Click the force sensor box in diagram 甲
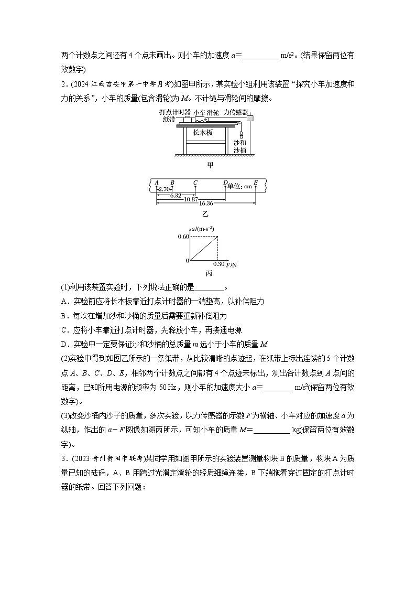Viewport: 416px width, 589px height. point(249,119)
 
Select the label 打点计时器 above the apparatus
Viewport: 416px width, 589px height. point(175,112)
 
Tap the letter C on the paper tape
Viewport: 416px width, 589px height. point(195,183)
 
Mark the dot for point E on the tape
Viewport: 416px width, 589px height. point(256,188)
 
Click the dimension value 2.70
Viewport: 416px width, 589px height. point(164,189)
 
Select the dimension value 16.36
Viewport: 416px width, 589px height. point(205,203)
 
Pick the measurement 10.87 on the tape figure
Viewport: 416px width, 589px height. point(191,199)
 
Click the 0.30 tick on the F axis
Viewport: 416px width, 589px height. point(218,264)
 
